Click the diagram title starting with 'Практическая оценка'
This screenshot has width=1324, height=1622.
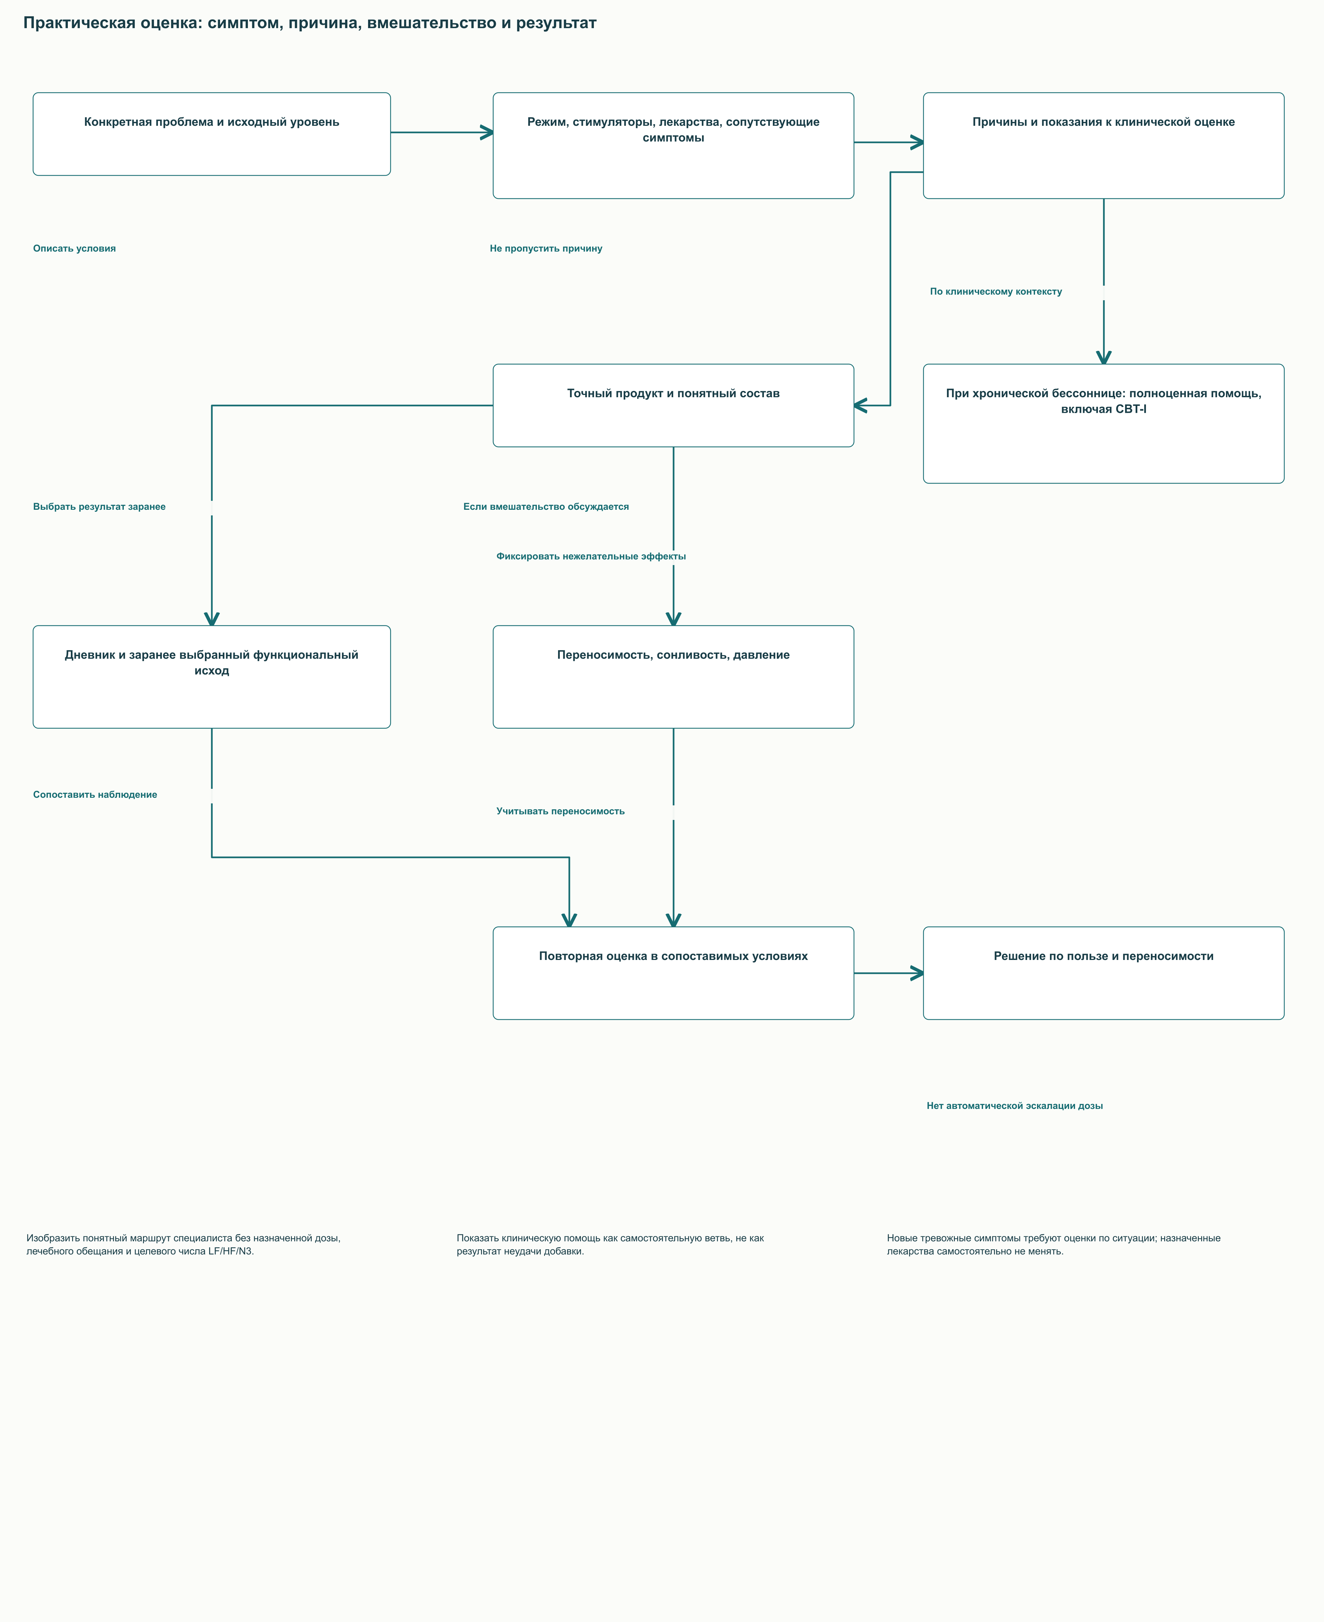coord(309,23)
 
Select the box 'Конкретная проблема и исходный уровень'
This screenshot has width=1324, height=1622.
coord(211,134)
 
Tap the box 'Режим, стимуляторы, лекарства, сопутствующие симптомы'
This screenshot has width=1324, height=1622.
coord(674,146)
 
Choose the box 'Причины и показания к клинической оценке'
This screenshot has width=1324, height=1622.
coord(1104,146)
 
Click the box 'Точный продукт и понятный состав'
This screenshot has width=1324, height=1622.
coord(674,406)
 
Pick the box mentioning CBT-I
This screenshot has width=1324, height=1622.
coord(1104,424)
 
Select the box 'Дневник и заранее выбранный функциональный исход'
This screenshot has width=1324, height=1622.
coord(211,677)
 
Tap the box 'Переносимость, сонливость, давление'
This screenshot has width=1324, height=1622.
coord(674,677)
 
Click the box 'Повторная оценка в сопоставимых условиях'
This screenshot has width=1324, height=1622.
coord(674,973)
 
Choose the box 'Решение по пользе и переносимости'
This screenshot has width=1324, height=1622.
coord(1104,973)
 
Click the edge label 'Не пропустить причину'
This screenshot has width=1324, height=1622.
coord(546,249)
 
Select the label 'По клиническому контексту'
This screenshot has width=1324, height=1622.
coord(996,291)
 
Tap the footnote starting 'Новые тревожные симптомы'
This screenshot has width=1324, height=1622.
coord(1054,1245)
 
